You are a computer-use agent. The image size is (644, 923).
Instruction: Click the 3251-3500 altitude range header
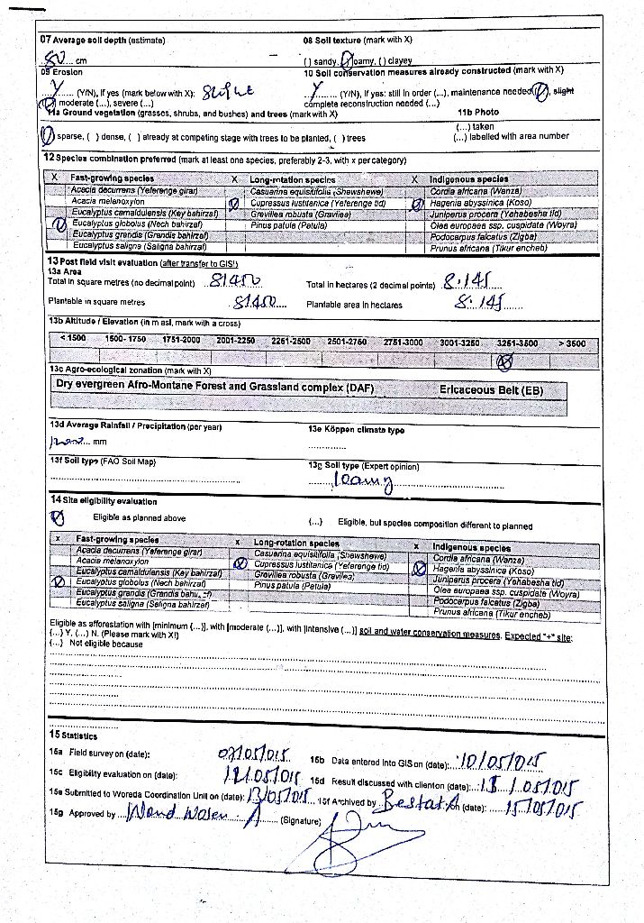(x=517, y=343)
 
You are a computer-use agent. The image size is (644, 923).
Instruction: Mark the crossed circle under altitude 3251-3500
(x=505, y=361)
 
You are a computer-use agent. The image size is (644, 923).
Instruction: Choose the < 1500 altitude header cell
(x=73, y=338)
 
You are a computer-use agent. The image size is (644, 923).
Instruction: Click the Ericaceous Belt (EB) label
(x=491, y=389)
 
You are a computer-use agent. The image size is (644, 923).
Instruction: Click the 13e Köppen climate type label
(x=356, y=430)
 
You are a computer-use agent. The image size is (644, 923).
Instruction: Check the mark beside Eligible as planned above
(x=58, y=517)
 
